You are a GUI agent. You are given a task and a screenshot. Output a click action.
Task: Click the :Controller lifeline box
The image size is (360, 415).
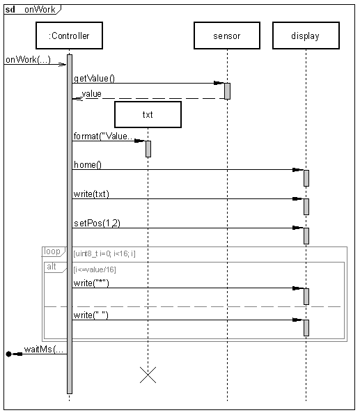pos(69,36)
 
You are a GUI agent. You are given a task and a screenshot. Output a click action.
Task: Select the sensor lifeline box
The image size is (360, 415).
pos(227,36)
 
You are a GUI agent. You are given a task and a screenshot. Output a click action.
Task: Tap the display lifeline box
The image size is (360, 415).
pos(306,36)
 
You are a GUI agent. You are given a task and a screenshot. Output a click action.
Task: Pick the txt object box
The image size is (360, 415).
pos(148,114)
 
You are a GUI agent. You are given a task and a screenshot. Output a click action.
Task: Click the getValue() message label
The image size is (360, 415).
pos(94,79)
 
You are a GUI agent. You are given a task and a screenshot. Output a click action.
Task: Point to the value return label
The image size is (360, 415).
pos(92,94)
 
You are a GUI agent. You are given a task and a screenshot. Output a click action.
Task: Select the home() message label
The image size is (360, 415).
pos(88,164)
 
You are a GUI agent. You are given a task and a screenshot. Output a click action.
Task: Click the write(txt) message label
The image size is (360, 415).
pos(91,194)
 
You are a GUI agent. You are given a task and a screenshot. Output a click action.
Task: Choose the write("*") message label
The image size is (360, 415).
pos(91,283)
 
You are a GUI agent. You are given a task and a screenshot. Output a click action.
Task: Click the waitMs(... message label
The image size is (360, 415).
pos(44,350)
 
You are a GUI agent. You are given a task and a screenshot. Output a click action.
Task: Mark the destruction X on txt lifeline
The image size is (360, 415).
pos(148,375)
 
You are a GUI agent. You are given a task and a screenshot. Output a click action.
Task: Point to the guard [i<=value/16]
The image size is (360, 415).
pos(95,269)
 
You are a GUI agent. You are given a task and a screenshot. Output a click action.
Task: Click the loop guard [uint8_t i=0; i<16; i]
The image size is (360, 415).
pos(104,253)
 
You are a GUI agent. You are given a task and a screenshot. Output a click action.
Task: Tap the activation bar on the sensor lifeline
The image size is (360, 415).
pos(227,91)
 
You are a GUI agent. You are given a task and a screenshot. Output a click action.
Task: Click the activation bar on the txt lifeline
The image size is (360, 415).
pos(148,149)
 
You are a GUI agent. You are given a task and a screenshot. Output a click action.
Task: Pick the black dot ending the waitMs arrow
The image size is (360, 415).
pos(8,354)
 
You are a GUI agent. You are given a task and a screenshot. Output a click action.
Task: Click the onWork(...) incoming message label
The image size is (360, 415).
pos(28,60)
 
